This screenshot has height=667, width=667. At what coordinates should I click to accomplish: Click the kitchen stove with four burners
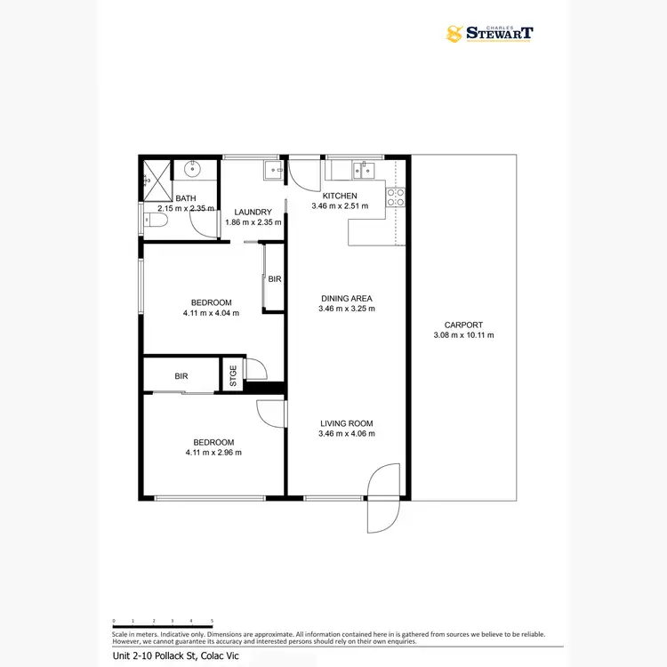coord(395,197)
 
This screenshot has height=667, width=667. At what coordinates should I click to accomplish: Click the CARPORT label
coord(463,325)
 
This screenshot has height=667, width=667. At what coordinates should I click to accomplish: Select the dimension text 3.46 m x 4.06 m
coord(346,434)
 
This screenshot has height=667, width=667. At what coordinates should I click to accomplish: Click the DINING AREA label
coord(346,298)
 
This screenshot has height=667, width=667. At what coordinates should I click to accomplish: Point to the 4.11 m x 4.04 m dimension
coord(211,313)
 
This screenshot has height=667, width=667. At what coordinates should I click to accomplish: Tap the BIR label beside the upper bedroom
coord(275,279)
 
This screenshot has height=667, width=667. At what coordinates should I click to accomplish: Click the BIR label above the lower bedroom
coord(181,376)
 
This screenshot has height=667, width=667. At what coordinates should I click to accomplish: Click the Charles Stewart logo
coord(490,34)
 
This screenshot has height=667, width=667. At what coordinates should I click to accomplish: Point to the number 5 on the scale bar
coord(212,620)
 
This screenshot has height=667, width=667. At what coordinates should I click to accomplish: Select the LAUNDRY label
coord(253,212)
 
